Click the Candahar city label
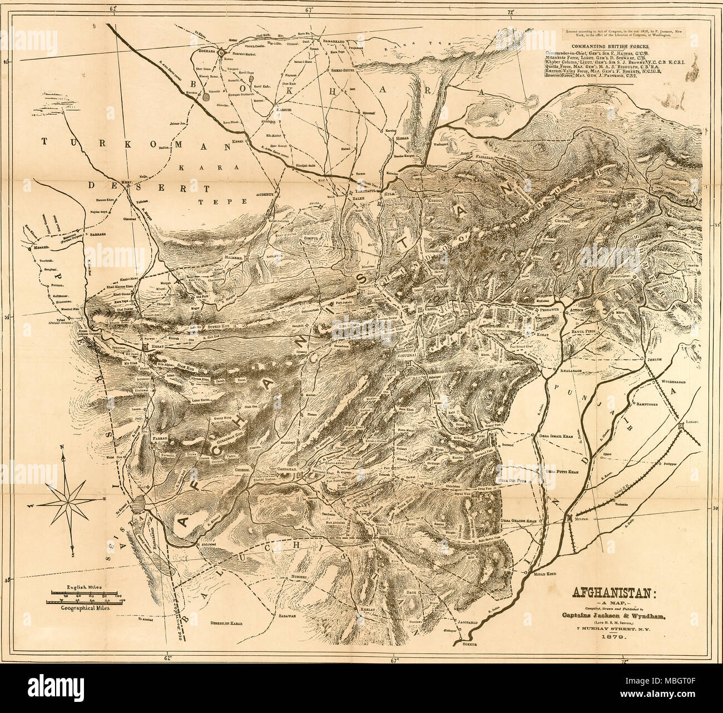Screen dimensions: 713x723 tap(290, 470)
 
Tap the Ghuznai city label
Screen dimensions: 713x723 tap(408, 355)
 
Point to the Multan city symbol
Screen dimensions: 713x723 tap(571, 517)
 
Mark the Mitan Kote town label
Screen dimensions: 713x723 tap(546, 573)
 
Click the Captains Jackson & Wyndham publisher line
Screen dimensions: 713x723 tap(613, 615)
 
